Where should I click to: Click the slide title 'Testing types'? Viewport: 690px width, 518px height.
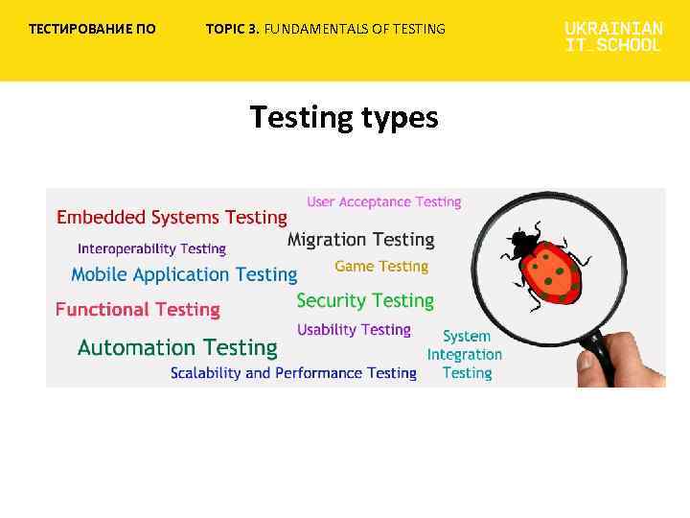point(344,118)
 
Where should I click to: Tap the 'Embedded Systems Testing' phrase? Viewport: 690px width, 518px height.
point(172,218)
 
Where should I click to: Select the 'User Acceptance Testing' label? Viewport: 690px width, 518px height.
point(383,201)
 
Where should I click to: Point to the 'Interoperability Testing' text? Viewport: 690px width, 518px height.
point(151,248)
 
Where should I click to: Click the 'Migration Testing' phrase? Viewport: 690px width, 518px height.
point(360,240)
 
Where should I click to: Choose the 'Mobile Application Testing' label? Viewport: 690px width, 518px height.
point(184,274)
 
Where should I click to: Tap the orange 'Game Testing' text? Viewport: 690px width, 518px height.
point(381,266)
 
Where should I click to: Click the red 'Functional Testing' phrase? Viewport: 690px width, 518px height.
point(137,309)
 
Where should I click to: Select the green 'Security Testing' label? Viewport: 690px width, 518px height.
point(365,300)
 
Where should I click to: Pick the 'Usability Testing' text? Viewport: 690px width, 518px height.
point(354,329)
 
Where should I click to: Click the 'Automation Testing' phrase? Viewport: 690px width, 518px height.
point(177,347)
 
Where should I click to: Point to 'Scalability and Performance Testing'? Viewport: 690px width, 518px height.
point(293,372)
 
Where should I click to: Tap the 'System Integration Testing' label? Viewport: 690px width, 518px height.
point(465,355)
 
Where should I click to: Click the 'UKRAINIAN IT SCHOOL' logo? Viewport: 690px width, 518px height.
point(613,36)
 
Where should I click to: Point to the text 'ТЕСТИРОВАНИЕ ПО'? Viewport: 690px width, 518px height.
point(92,29)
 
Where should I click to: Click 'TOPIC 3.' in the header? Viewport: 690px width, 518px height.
point(232,29)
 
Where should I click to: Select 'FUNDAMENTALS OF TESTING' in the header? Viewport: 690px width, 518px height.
point(355,29)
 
